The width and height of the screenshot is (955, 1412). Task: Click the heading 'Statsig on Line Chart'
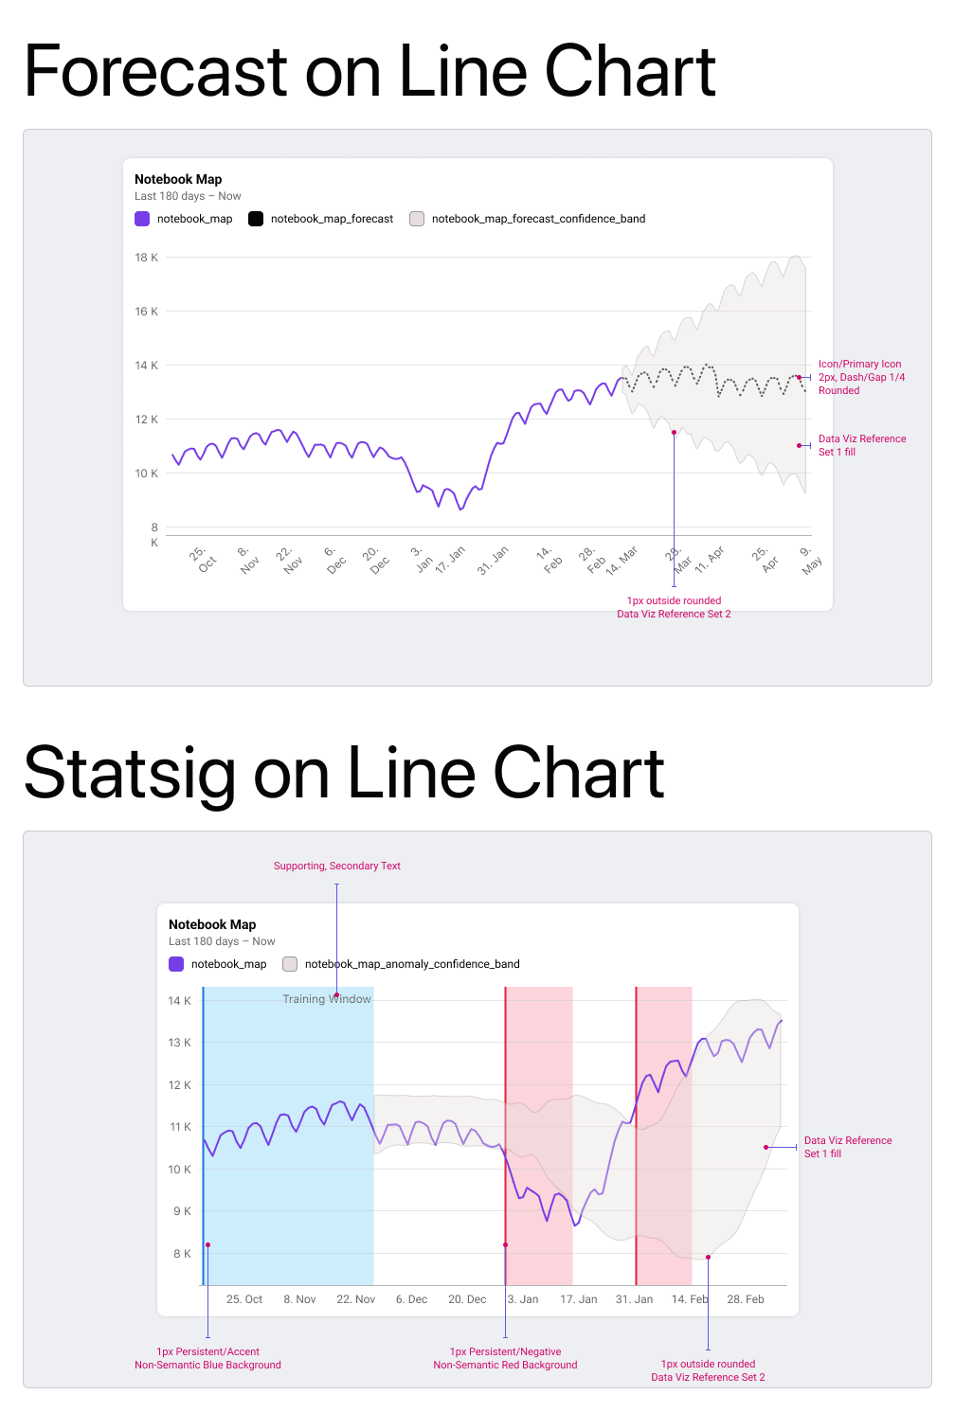pos(343,773)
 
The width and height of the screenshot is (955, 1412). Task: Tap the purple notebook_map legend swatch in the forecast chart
pos(142,219)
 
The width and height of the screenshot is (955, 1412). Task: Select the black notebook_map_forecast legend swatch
pos(256,219)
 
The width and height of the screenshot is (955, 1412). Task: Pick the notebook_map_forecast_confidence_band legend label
pos(538,219)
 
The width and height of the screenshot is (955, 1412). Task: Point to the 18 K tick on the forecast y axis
pos(146,258)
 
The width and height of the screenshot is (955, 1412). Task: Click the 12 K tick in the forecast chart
pos(146,420)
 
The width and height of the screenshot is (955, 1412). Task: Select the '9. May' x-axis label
pos(809,560)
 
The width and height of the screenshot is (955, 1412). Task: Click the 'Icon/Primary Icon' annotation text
pos(859,364)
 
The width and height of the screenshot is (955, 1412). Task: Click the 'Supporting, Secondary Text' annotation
pos(336,866)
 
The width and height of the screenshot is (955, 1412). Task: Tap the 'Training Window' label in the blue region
pos(326,999)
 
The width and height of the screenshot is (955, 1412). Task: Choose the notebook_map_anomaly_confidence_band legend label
pos(412,964)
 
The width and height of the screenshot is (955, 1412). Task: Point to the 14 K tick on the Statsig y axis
pos(179,1001)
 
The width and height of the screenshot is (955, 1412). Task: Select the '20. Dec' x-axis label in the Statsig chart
pos(467,1299)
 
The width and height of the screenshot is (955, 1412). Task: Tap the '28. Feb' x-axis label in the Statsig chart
pos(745,1299)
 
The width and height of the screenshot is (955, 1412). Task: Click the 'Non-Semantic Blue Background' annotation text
pos(207,1365)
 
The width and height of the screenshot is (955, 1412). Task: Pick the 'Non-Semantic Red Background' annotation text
pos(505,1365)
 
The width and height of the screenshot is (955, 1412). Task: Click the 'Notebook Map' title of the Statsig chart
pos(212,924)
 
